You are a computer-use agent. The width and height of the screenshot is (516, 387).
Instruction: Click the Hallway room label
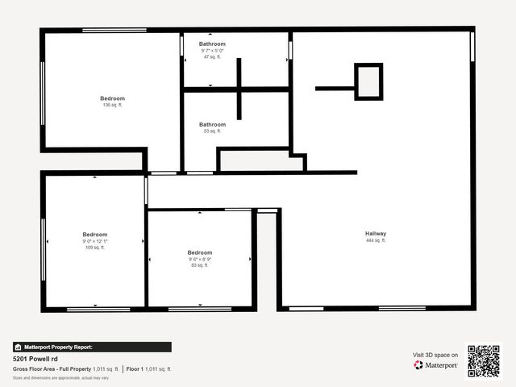[376, 234]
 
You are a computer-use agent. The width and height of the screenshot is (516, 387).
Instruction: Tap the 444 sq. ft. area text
[376, 240]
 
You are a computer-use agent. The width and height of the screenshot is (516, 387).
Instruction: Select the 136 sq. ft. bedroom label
[114, 98]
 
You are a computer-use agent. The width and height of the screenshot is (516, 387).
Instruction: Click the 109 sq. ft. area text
[95, 248]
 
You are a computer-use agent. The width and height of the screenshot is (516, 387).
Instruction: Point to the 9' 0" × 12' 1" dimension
[95, 241]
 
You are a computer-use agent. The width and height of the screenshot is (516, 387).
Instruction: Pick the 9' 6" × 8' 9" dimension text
[200, 259]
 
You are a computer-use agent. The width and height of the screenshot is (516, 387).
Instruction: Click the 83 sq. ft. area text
[200, 265]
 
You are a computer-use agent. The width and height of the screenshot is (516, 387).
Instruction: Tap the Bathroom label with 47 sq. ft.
[213, 44]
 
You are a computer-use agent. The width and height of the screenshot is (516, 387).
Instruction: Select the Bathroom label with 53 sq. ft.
[213, 124]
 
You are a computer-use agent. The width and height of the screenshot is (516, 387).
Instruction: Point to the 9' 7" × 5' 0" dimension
[213, 51]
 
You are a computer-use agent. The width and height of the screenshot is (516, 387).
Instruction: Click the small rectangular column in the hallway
[368, 81]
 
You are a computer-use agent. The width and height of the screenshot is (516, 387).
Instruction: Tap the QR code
[484, 360]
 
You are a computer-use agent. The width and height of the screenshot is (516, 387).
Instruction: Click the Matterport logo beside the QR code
[436, 365]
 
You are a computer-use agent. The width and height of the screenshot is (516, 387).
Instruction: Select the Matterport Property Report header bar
[92, 347]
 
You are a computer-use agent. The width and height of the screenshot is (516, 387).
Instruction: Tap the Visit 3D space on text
[435, 355]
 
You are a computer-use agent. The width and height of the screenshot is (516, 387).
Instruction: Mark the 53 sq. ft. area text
[213, 131]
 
